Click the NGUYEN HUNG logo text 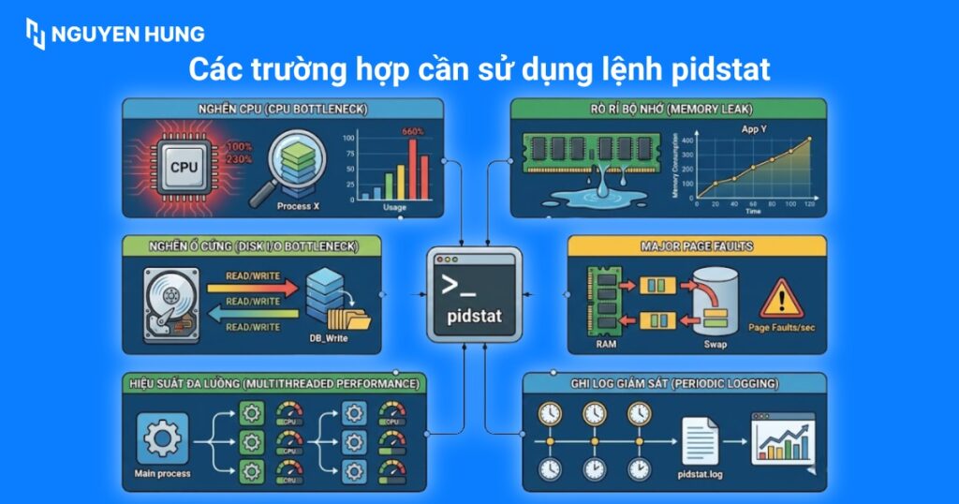click(127, 35)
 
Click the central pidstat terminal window click(474, 293)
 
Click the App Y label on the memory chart click(754, 129)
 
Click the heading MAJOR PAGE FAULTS click(697, 246)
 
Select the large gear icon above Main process click(163, 438)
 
